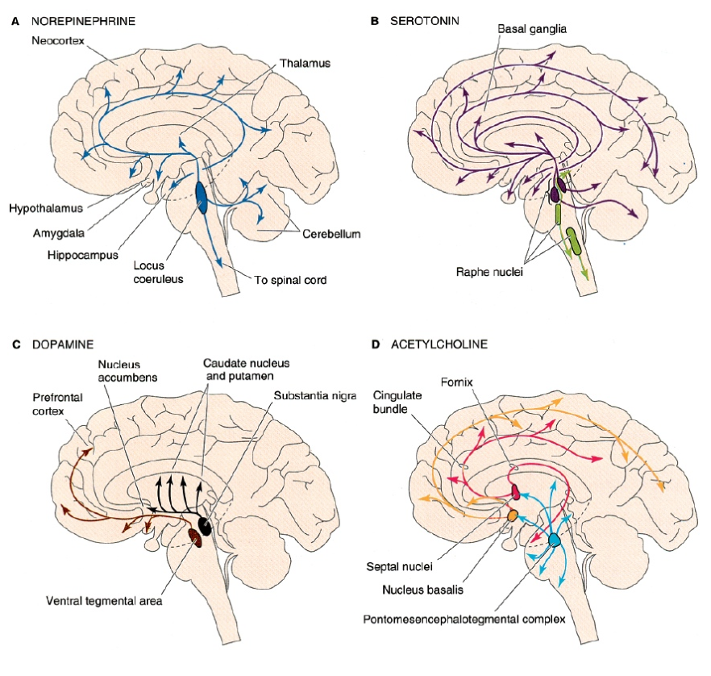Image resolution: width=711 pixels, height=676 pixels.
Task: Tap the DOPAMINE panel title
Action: coord(58,344)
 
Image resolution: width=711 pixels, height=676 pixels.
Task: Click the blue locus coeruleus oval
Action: coord(201,198)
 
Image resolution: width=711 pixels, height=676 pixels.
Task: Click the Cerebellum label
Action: coord(331,235)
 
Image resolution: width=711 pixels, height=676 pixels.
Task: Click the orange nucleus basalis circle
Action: coord(512,515)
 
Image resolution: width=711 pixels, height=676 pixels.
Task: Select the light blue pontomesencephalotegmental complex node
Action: coord(554,540)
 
